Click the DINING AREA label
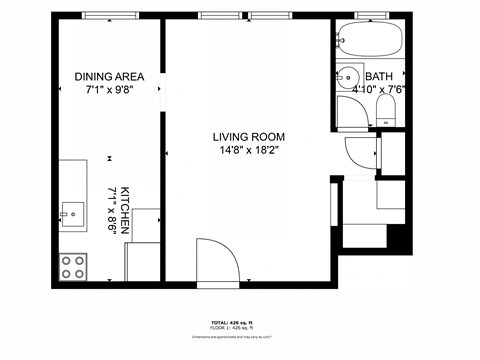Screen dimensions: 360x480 point(109,77)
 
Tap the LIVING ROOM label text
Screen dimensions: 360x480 point(249,137)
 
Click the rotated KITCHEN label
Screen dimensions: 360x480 point(125,209)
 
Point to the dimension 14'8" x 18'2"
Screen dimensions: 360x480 point(249,151)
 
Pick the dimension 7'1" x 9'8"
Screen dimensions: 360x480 point(109,90)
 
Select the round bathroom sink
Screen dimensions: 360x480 point(348,77)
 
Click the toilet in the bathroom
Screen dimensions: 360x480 point(388,113)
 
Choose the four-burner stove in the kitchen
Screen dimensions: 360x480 point(73,265)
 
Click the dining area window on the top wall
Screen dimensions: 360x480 point(110,16)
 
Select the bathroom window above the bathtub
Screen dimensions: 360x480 point(370,16)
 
